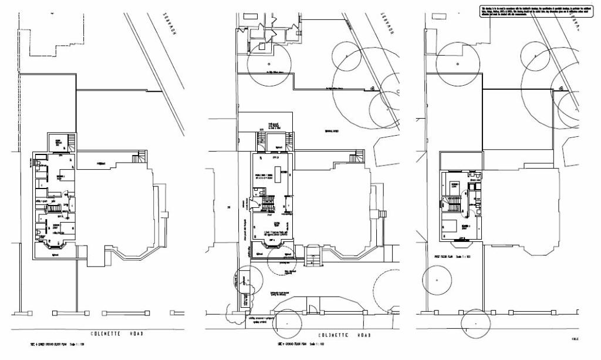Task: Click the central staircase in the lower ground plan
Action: click(x=54, y=208)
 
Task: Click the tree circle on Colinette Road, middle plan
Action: click(x=286, y=323)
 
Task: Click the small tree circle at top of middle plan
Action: click(x=269, y=63)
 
